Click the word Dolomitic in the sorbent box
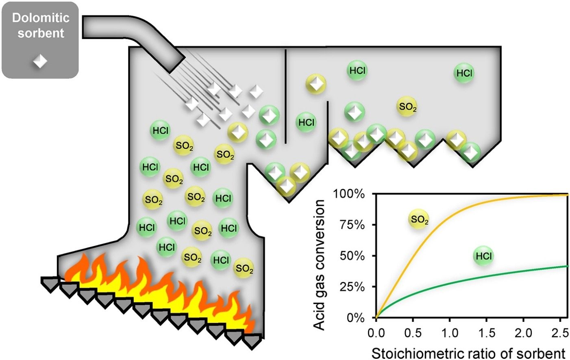[40, 18]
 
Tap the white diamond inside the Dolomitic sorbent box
[40, 61]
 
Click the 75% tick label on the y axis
[349, 225]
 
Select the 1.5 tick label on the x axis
[486, 333]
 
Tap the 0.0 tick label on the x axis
[376, 333]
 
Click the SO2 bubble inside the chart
[419, 219]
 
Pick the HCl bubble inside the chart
[483, 256]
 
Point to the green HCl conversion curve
[488, 278]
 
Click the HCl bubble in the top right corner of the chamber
[464, 73]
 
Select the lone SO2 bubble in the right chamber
[407, 107]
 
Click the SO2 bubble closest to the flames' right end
[244, 268]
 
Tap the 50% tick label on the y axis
[349, 256]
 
